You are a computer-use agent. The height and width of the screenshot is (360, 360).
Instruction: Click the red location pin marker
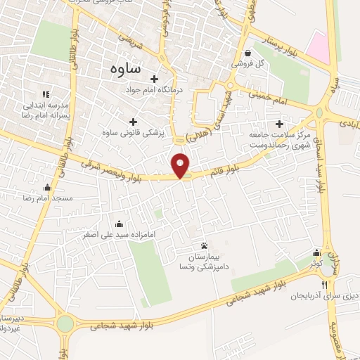point(181,165)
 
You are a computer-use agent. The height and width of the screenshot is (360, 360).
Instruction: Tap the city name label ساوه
point(126,68)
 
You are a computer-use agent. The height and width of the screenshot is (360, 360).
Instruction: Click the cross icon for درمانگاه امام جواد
point(155,78)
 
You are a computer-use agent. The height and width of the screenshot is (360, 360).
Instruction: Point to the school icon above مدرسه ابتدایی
point(46,94)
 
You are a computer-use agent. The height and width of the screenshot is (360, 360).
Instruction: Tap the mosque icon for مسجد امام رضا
point(47,187)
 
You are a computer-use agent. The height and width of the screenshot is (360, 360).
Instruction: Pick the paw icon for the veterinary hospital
point(205,245)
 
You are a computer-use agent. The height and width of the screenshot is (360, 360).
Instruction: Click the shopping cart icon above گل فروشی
point(247,53)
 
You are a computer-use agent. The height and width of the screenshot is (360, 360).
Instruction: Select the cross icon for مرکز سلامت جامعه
point(280,124)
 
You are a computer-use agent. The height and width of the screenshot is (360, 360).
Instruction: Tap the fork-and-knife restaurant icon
point(324,285)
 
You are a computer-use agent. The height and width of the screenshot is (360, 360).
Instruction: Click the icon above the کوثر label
point(318,252)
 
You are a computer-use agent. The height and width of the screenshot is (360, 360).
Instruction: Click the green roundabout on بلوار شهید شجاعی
point(65,323)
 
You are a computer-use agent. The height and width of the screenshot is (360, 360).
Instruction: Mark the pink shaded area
point(319,48)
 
